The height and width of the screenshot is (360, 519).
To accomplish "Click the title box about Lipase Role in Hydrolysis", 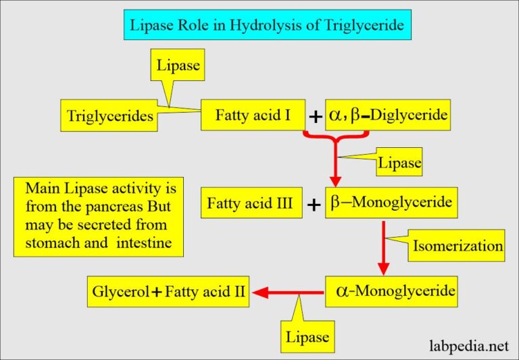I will click(259, 27).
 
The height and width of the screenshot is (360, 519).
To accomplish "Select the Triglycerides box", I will click(109, 116).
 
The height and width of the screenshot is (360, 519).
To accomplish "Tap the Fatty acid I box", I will click(253, 115).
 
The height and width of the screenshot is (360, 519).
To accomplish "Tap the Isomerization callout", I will click(458, 247).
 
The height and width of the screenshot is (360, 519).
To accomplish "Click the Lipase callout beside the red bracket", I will click(398, 163).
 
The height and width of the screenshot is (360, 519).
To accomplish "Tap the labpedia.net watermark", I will click(469, 346).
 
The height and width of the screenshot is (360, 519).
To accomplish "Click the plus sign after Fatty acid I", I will click(315, 117).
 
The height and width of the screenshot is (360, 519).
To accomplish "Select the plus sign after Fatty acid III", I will click(314, 205).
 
